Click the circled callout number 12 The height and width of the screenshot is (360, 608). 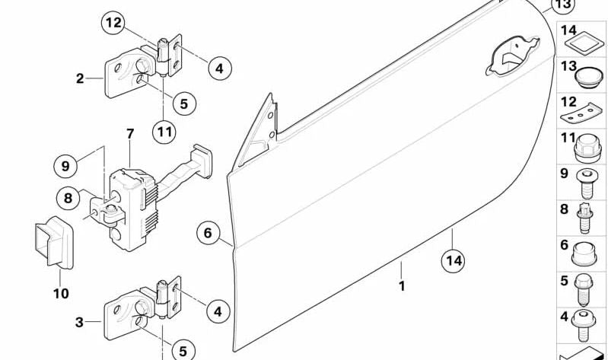pyautogui.click(x=113, y=23)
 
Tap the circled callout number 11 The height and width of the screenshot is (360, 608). pyautogui.click(x=164, y=132)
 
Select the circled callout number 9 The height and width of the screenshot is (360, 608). pyautogui.click(x=65, y=166)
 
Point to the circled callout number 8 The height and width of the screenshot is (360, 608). pyautogui.click(x=68, y=198)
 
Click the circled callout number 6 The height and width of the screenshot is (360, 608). pyautogui.click(x=209, y=233)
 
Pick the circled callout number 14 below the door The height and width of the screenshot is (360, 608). pyautogui.click(x=454, y=260)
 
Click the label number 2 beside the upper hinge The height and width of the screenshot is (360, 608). pyautogui.click(x=80, y=78)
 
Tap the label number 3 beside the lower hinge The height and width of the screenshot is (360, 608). pyautogui.click(x=79, y=322)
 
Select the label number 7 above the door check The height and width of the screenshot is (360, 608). pyautogui.click(x=130, y=134)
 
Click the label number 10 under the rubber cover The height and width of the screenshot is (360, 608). pyautogui.click(x=61, y=294)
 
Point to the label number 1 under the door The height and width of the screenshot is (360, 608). pyautogui.click(x=402, y=286)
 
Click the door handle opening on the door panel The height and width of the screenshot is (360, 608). pyautogui.click(x=513, y=55)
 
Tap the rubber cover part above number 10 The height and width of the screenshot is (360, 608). pyautogui.click(x=54, y=242)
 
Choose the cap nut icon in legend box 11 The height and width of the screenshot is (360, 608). pyautogui.click(x=586, y=148)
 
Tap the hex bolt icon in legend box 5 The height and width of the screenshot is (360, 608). pyautogui.click(x=584, y=289)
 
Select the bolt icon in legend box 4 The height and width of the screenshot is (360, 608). pyautogui.click(x=584, y=325)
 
